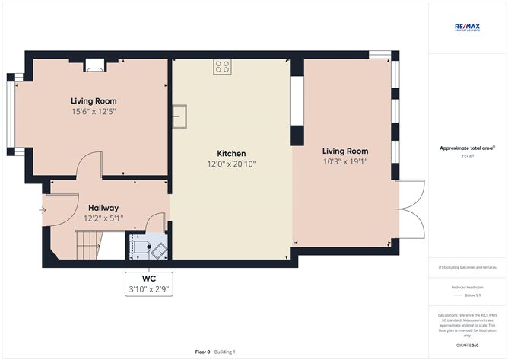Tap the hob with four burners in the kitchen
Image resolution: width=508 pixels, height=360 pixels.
pyautogui.click(x=223, y=67)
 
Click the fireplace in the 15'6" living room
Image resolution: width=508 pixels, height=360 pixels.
pyautogui.click(x=94, y=65)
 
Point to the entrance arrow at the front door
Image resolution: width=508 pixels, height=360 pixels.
pyautogui.click(x=43, y=211)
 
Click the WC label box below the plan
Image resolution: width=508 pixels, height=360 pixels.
pyautogui.click(x=149, y=283)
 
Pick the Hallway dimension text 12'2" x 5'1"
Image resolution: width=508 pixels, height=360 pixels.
pyautogui.click(x=103, y=218)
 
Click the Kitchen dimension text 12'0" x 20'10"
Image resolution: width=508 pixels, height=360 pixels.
pyautogui.click(x=232, y=164)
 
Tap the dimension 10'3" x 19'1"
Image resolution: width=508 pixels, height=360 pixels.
pyautogui.click(x=345, y=161)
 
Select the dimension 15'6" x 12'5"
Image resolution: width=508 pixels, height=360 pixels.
pyautogui.click(x=94, y=111)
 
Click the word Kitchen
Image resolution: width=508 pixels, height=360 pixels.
pyautogui.click(x=232, y=154)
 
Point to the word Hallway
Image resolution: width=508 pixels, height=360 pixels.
pyautogui.click(x=103, y=207)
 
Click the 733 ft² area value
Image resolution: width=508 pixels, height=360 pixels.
pyautogui.click(x=468, y=156)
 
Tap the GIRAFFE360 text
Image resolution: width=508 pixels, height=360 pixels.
pyautogui.click(x=468, y=345)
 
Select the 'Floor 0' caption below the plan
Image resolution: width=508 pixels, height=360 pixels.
pyautogui.click(x=202, y=352)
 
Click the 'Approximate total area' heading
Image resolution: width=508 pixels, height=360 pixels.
pyautogui.click(x=466, y=148)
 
